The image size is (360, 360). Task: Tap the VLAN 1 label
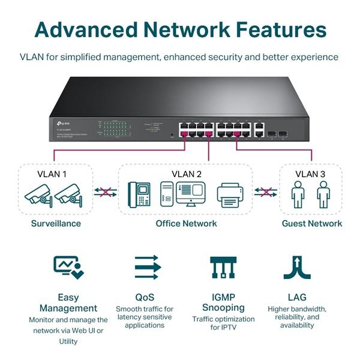coord(51,175)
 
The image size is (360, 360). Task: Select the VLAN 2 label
coord(187,175)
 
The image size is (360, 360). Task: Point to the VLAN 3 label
coord(310,175)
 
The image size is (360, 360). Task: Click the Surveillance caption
coord(56,224)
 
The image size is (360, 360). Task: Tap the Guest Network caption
coord(312,224)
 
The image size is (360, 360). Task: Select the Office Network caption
coord(187,224)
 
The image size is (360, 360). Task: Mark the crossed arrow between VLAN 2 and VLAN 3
coord(266,193)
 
